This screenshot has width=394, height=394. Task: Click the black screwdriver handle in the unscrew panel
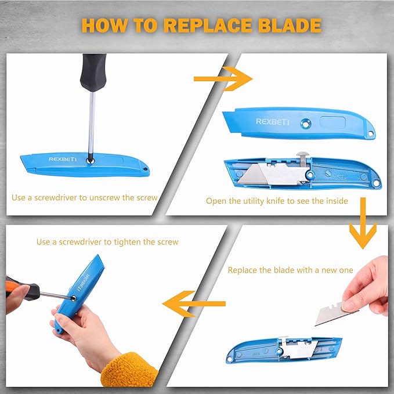point(93,73)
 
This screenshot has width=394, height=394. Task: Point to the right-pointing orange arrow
point(223,79)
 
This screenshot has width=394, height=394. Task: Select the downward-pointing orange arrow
point(363,223)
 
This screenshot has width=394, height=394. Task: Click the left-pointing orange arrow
point(194,303)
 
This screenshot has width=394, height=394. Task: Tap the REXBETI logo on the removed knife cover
point(272,122)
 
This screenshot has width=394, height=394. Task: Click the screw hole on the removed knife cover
point(306,124)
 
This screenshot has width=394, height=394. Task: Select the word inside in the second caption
point(337,201)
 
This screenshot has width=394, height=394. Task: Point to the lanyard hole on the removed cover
point(371,133)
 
